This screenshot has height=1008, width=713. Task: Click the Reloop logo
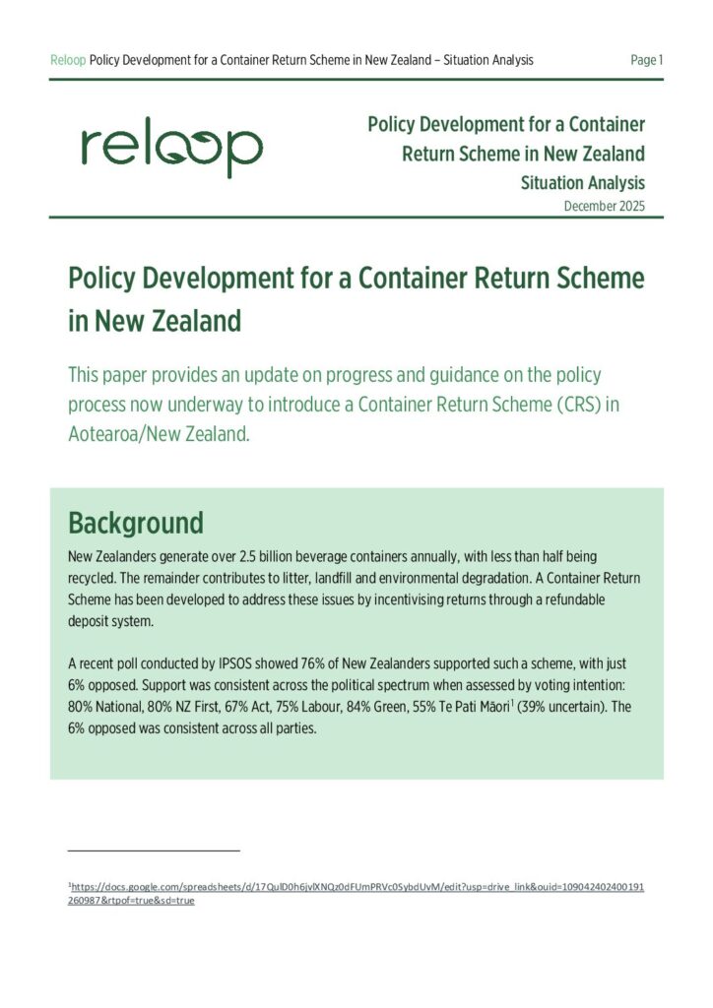pos(171,149)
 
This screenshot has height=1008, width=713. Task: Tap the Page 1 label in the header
pos(646,60)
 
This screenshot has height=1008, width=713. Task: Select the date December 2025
pos(605,206)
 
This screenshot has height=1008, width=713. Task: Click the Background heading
pos(135,522)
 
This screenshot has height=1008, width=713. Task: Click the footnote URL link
pos(356,894)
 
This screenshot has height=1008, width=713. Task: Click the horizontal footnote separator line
pos(154,850)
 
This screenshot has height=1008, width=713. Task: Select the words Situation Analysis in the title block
pos(582,182)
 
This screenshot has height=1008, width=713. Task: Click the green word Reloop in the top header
pos(68,60)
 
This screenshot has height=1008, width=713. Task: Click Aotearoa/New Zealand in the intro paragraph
pos(158,433)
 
